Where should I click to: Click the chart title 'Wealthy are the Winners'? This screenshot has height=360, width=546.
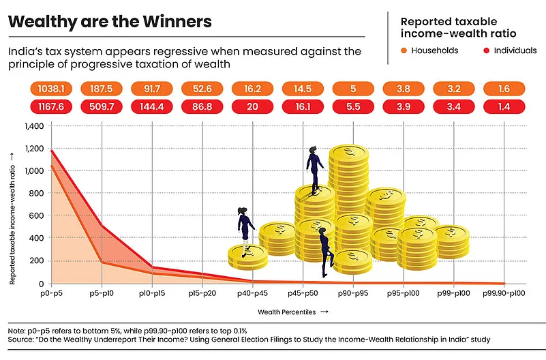[x=110, y=21]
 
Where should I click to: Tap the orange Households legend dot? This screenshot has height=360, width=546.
[x=404, y=50]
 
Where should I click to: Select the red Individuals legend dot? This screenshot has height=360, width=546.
[x=487, y=50]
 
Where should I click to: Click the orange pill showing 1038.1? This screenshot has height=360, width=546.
[x=50, y=88]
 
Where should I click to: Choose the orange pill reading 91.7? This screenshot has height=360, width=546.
[x=151, y=88]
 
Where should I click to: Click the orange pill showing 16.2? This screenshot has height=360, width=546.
[x=252, y=88]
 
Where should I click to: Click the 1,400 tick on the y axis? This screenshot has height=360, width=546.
[x=33, y=126]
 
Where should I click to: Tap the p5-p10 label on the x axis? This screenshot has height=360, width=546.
[x=102, y=294]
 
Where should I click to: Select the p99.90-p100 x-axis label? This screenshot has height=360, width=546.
[x=504, y=294]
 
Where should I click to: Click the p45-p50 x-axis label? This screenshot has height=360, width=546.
[x=303, y=294]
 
